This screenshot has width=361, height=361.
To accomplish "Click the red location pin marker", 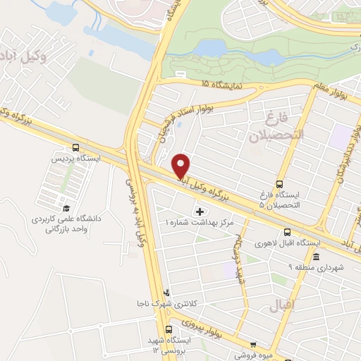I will pos(181,166).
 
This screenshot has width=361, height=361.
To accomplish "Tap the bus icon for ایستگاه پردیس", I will pos(75,148).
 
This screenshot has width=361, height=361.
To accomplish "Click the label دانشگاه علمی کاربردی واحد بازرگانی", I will pos(67,224).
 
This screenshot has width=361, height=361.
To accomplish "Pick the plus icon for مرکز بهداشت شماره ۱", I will pos(199,211).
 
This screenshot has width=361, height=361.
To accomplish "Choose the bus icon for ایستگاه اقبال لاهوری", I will pos(287,233).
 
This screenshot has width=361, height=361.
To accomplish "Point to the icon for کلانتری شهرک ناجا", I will pos(166,292).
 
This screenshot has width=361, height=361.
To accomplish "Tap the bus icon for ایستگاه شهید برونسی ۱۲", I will pos(169,329).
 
